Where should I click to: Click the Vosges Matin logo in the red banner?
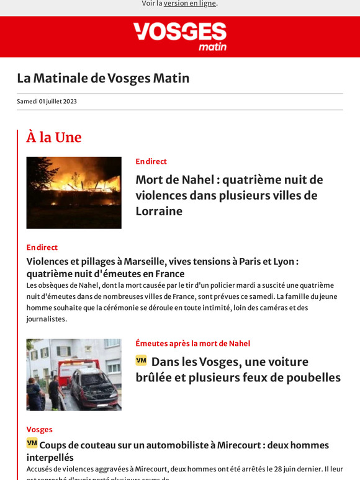coord(179,36)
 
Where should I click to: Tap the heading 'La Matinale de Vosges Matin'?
coord(103,78)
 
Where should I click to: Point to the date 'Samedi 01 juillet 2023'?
coord(47,102)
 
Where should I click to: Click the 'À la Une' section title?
coord(54,137)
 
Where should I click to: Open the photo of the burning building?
coord(74,192)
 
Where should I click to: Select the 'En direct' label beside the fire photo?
coord(151,161)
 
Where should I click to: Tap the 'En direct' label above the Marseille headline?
coord(42,247)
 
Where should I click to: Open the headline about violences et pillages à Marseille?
coord(163,267)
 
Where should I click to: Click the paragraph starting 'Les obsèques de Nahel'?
coord(180,302)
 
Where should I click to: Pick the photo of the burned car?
coord(74,375)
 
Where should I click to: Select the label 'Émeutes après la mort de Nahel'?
coord(193,344)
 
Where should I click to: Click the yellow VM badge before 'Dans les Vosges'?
coord(141,360)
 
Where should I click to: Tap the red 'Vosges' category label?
coord(39,429)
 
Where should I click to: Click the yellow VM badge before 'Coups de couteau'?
coord(32,443)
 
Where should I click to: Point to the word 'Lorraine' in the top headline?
coord(159,211)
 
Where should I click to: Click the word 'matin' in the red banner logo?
coord(212,47)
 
